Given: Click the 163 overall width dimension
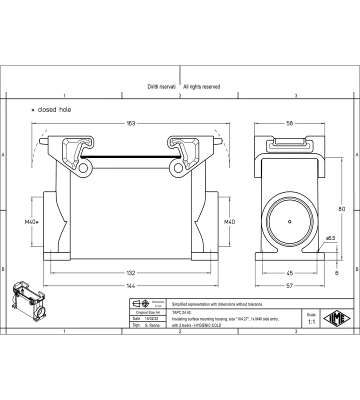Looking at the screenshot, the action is point(130,123).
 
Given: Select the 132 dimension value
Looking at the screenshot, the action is point(130,273).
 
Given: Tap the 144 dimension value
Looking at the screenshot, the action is point(130,286).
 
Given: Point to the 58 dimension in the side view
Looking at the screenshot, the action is point(289,123).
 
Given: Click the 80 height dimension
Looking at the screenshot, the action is point(341,209).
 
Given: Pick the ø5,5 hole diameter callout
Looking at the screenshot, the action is point(330,238).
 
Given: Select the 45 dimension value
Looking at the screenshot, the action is point(289,273).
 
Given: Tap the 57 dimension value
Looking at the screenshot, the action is point(289,286).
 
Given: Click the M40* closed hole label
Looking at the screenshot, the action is point(31,222).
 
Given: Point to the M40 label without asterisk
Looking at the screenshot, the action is point(229,222).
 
